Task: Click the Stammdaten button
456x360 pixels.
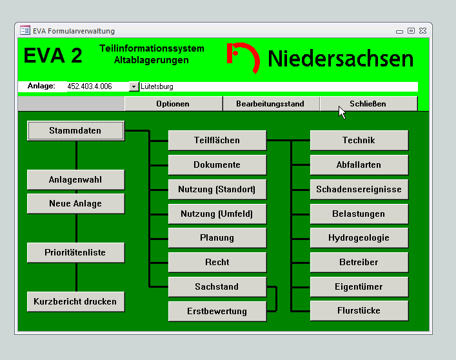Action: (x=75, y=131)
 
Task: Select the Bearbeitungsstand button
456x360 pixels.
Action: (x=271, y=104)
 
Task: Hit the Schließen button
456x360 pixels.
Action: (x=368, y=104)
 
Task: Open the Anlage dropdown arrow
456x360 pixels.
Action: (x=134, y=86)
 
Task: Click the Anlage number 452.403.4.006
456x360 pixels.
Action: (x=90, y=86)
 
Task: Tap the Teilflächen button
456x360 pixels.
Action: (x=217, y=141)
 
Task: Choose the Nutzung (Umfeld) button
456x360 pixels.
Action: (x=217, y=214)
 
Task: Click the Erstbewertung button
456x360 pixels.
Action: (x=217, y=312)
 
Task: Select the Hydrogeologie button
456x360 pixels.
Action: (x=359, y=238)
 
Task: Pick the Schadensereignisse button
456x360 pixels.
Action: (x=359, y=189)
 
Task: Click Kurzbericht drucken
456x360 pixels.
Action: (x=75, y=302)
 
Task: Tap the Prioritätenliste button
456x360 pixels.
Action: (x=75, y=253)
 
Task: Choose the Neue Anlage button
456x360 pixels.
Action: (x=75, y=204)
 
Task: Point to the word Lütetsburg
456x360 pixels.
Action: (x=157, y=86)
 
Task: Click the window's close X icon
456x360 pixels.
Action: (x=423, y=30)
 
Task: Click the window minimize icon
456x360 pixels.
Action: (x=400, y=32)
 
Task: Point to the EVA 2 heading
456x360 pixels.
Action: (x=53, y=55)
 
